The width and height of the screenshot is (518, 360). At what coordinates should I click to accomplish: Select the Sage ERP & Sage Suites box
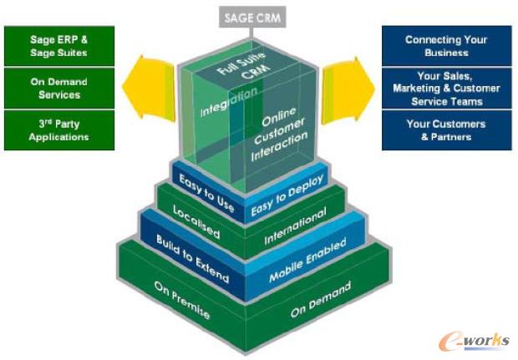tap(58, 46)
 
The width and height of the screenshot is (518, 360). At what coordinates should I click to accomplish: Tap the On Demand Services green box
tap(58, 88)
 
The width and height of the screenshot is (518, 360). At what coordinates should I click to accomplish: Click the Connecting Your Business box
tap(446, 46)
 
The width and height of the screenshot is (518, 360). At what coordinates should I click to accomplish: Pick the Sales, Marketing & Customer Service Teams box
tap(446, 88)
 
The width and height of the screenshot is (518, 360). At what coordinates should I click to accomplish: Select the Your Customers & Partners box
tap(446, 130)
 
